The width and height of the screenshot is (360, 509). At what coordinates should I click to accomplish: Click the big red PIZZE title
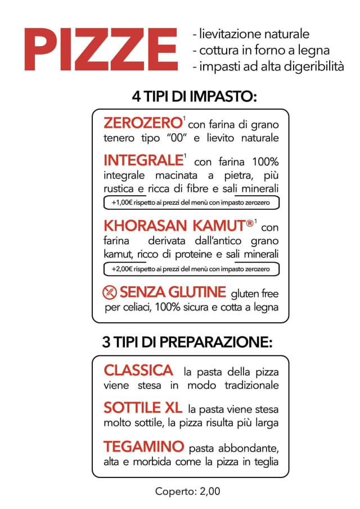(x=101, y=49)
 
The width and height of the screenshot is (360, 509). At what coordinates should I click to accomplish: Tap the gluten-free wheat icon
(x=109, y=292)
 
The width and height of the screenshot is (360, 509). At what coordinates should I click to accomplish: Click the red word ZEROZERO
(x=142, y=123)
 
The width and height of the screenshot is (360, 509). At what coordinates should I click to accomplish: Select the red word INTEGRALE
(x=143, y=160)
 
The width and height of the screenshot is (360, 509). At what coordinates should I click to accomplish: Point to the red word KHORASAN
(x=145, y=226)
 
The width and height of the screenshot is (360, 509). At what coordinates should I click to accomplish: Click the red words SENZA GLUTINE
(x=173, y=292)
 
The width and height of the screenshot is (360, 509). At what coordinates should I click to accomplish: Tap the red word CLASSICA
(x=138, y=371)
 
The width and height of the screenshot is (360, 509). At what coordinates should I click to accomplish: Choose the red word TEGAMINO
(x=144, y=447)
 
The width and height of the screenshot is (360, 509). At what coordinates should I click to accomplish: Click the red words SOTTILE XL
(x=143, y=408)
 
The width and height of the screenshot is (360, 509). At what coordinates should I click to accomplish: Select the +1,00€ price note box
(x=191, y=202)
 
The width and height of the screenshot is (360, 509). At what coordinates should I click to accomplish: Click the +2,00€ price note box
(x=191, y=269)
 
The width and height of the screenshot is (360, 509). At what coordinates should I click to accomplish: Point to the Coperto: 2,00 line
(x=188, y=491)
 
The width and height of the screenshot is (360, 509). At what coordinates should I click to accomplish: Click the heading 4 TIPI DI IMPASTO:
(x=194, y=97)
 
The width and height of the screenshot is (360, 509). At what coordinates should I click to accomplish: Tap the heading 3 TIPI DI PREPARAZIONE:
(x=187, y=342)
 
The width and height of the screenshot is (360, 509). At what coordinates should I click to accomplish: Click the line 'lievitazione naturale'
(x=251, y=34)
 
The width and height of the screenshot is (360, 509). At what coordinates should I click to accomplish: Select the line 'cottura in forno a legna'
(x=262, y=50)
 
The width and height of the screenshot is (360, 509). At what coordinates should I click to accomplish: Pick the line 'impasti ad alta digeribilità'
(x=268, y=66)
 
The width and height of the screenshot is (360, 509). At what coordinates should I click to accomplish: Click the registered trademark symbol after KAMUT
(x=250, y=223)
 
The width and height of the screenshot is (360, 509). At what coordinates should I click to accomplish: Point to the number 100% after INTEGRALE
(x=265, y=161)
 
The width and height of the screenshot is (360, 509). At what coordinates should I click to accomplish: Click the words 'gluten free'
(x=255, y=294)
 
